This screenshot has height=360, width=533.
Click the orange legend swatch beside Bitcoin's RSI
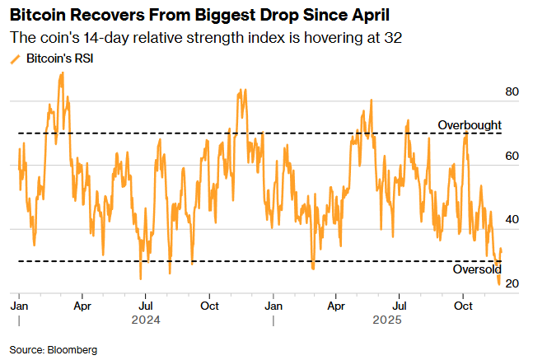[14, 59]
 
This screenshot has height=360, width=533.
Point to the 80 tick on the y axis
[512, 91]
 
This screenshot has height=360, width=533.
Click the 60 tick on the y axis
[512, 156]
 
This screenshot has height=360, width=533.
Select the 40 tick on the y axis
[512, 220]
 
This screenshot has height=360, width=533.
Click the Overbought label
[469, 124]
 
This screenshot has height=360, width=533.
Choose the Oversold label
[477, 270]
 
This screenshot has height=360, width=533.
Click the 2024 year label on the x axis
[144, 320]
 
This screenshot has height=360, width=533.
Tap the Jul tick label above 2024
[145, 305]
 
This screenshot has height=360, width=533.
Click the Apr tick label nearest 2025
[336, 305]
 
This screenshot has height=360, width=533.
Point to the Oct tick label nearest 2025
[464, 305]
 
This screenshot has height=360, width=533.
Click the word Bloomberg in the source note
[72, 349]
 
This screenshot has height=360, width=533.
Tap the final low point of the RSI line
[498, 285]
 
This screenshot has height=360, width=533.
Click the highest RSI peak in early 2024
[61, 73]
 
